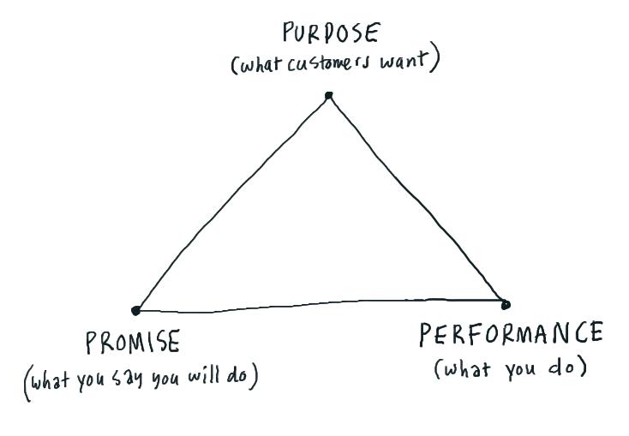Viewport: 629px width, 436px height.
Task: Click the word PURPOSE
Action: [x=331, y=33]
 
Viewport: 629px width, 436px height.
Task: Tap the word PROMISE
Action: [x=133, y=342]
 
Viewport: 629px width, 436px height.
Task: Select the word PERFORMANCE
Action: [x=511, y=334]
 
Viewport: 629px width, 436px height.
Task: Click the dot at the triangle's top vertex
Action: [x=329, y=95]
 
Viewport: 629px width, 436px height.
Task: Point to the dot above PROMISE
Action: [x=136, y=310]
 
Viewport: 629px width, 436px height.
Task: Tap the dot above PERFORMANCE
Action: [x=506, y=305]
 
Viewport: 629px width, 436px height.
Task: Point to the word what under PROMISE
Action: [x=51, y=380]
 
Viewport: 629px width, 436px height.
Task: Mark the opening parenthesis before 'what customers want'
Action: [x=234, y=65]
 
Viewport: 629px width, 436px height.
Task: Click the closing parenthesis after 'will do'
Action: [x=253, y=377]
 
